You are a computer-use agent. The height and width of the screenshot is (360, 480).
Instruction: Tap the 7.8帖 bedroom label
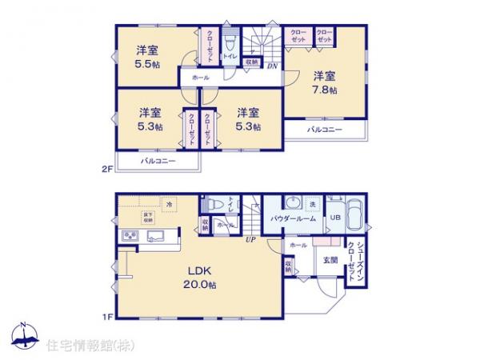click(324, 82)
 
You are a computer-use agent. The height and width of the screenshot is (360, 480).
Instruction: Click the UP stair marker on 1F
click(250, 239)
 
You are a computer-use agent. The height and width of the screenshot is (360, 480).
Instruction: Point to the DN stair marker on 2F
click(272, 66)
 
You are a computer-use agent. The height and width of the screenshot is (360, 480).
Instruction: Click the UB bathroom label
click(335, 216)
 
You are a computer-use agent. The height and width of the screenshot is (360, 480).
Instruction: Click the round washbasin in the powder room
click(294, 202)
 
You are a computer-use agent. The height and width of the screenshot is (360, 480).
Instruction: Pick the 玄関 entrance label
click(330, 260)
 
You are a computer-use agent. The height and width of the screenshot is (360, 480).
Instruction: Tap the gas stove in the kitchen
click(129, 234)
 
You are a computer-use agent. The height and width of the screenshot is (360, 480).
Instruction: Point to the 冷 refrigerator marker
click(169, 205)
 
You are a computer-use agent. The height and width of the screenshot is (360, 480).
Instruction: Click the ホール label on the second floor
click(200, 78)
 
